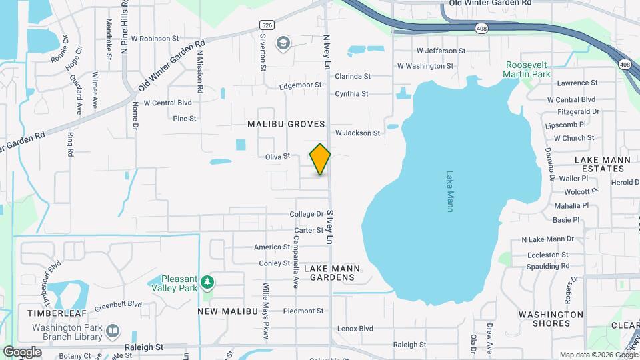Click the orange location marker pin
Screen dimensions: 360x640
(x=320, y=159)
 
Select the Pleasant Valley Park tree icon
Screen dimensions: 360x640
(x=208, y=283)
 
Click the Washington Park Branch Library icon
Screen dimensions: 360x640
(x=113, y=330)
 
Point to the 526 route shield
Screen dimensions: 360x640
(x=267, y=25)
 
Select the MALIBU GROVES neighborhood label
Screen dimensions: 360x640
(x=286, y=124)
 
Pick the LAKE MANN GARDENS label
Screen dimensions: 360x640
(x=332, y=273)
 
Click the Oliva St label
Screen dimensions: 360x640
(x=277, y=156)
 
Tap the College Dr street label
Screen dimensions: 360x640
(x=306, y=214)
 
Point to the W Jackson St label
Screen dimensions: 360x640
(x=357, y=133)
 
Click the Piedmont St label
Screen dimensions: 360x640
(x=303, y=311)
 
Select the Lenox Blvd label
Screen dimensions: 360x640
(x=355, y=329)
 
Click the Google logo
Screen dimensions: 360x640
(x=22, y=352)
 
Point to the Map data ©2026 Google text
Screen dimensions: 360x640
(x=597, y=355)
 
